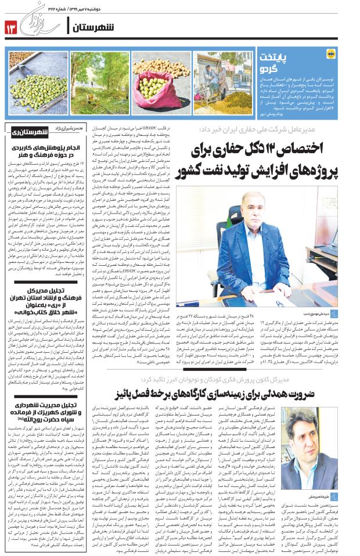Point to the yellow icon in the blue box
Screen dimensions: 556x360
tap(330, 55)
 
